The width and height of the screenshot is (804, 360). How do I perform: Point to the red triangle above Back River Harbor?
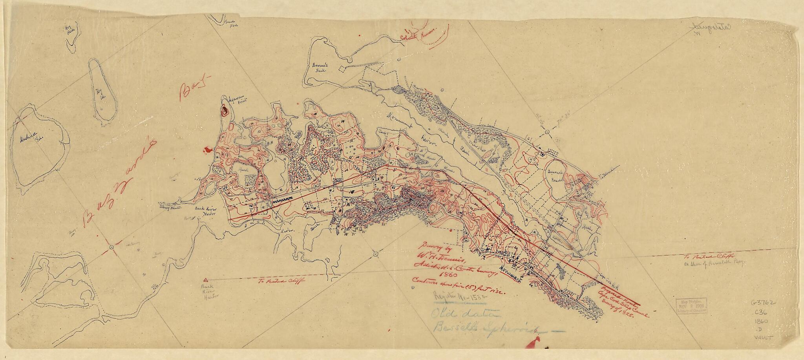point(205,279)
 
